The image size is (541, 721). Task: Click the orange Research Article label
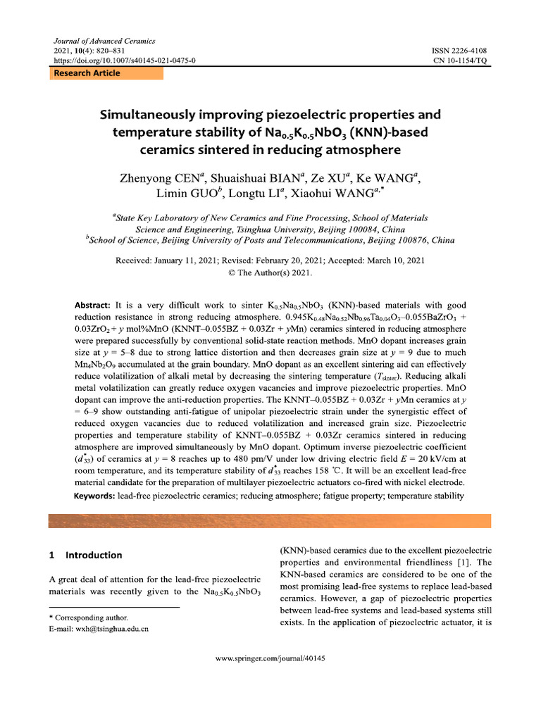tap(87, 73)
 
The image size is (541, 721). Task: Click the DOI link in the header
tap(125, 61)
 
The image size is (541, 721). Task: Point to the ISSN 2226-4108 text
tap(459, 51)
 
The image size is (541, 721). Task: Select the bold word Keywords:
tap(95, 496)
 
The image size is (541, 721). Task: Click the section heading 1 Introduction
tap(85, 555)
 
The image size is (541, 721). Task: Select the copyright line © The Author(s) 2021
tap(270, 272)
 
